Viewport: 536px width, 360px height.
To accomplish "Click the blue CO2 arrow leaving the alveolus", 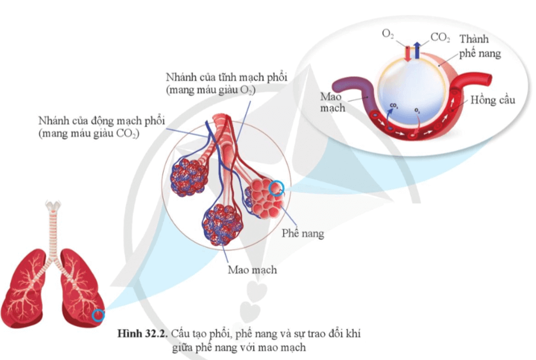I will click(417, 50).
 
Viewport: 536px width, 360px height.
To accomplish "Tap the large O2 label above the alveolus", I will click(388, 35).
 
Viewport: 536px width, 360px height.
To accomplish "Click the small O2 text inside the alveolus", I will click(418, 111).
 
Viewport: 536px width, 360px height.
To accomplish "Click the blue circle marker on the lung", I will click(98, 315).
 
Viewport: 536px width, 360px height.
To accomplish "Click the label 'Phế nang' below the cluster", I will click(303, 234).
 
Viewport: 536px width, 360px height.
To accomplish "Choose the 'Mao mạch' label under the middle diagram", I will click(252, 270).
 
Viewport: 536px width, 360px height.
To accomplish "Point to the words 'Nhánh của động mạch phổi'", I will click(102, 120).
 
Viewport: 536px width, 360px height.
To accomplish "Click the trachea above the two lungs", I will click(53, 225).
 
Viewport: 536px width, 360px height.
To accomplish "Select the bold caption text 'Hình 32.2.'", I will click(141, 334).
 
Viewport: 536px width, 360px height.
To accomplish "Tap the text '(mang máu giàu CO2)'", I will click(89, 134).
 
